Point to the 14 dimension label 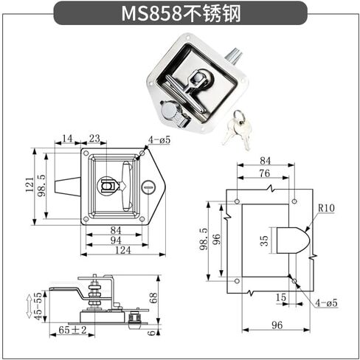click(x=68, y=138)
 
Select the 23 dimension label click(x=94, y=138)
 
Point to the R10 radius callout click(x=326, y=209)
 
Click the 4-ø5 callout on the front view click(x=159, y=139)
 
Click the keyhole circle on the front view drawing click(x=148, y=190)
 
